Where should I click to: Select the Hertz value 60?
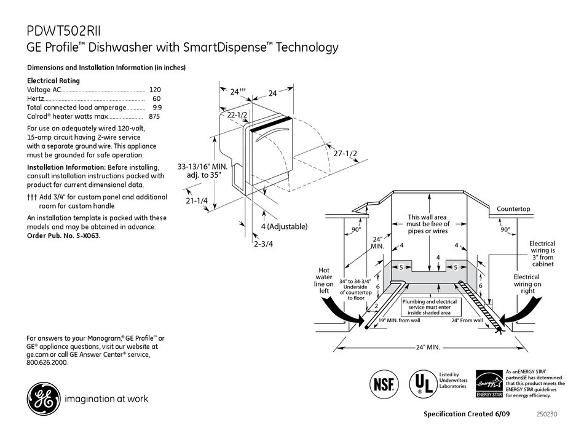pyautogui.click(x=156, y=98)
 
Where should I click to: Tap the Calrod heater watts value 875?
pyautogui.click(x=154, y=116)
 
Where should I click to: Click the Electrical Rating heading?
pyautogui.click(x=53, y=81)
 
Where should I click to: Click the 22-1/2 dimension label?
pyautogui.click(x=237, y=115)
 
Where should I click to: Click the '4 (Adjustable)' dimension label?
pyautogui.click(x=283, y=226)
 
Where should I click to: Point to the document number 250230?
pyautogui.click(x=548, y=414)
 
